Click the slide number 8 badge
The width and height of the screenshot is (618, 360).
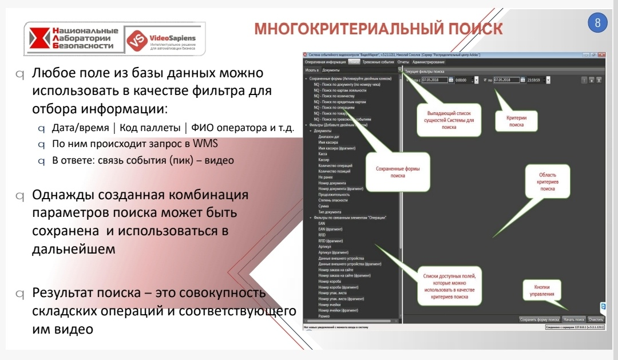[x=597, y=23]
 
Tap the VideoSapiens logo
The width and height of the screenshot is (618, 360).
[x=161, y=41]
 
